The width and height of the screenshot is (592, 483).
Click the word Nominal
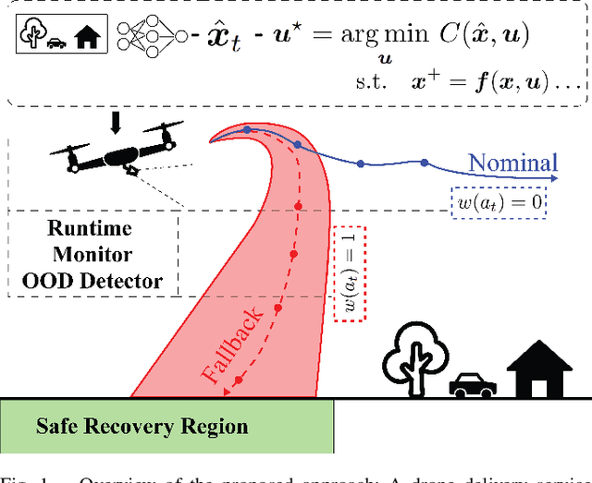513,163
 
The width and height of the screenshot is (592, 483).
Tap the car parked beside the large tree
472,385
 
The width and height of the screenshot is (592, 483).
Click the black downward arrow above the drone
116,122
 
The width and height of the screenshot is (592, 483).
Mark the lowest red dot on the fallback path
239,380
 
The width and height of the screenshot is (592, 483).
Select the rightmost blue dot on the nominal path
424,163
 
